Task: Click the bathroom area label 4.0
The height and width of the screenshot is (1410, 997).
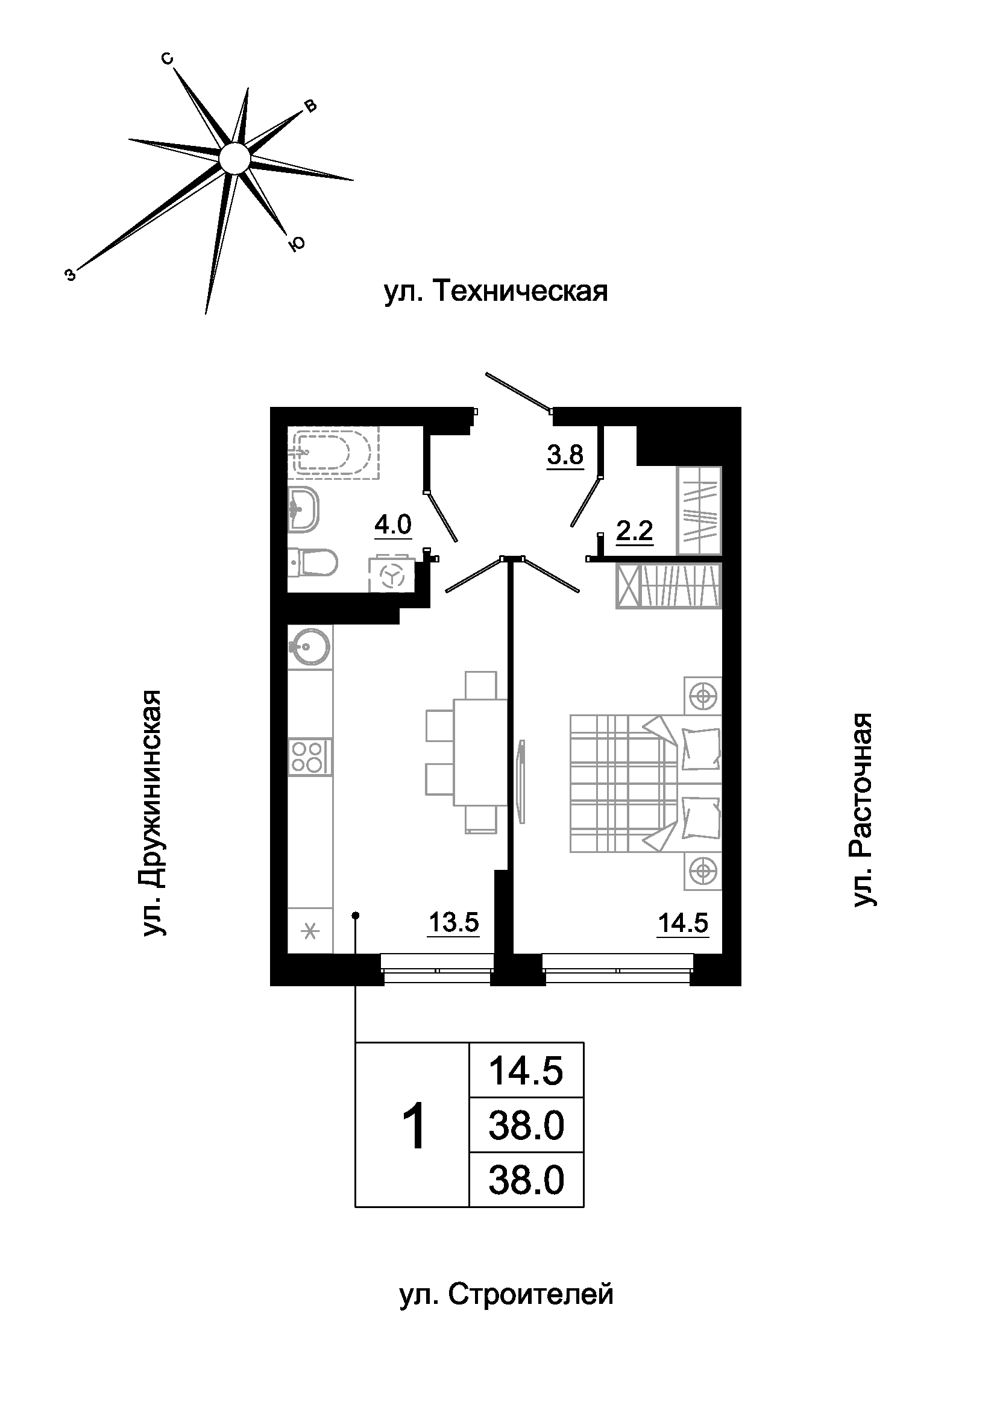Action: (x=393, y=525)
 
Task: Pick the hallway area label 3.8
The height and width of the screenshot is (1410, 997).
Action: (x=565, y=455)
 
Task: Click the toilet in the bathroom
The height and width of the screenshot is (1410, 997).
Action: (x=312, y=561)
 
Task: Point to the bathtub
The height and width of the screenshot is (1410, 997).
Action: (x=335, y=452)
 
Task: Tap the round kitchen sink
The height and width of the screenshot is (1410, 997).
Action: (x=310, y=647)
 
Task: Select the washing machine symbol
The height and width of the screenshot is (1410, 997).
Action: (x=391, y=575)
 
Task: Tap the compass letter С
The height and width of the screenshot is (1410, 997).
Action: (x=168, y=59)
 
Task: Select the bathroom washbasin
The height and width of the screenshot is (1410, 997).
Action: (x=304, y=509)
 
